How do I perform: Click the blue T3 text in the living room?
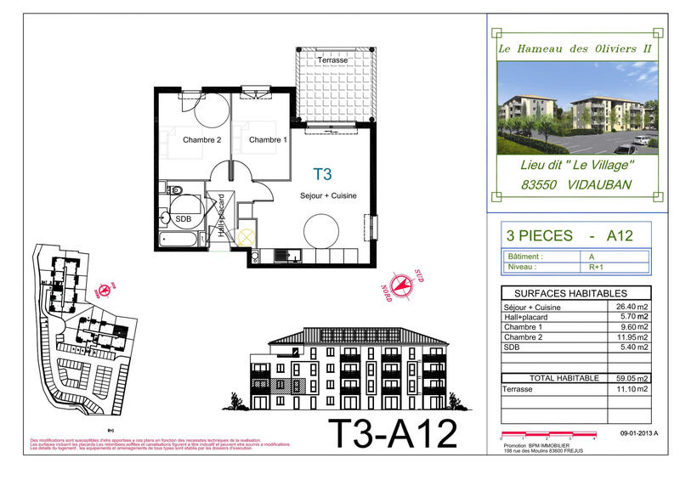click(322, 175)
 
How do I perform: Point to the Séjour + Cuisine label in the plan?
click(328, 196)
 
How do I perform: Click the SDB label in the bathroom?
click(183, 218)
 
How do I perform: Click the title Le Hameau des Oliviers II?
click(575, 48)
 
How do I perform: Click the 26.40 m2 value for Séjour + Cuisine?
click(632, 307)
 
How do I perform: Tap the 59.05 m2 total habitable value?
click(632, 378)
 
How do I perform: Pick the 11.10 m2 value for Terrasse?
click(632, 388)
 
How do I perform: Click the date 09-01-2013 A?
click(639, 433)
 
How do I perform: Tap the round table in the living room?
click(323, 229)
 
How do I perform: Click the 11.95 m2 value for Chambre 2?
click(632, 337)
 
